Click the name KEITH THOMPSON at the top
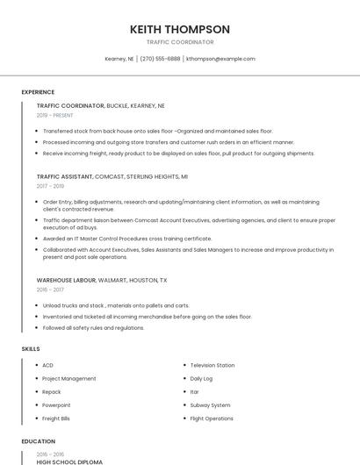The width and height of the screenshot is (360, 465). click(x=179, y=29)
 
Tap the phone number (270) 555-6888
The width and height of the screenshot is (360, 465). click(x=161, y=59)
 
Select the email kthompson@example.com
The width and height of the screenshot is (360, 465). click(x=220, y=59)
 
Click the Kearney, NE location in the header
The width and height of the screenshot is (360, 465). click(x=119, y=59)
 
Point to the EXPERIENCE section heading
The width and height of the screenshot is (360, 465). click(x=38, y=92)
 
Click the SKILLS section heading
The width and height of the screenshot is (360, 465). click(x=31, y=349)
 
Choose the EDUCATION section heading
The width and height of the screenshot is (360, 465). click(x=38, y=441)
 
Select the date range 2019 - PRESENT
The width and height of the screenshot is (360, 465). click(x=55, y=115)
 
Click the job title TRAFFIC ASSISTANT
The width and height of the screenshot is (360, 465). click(x=64, y=176)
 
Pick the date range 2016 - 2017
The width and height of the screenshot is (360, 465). click(x=50, y=290)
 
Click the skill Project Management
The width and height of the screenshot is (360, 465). click(x=69, y=378)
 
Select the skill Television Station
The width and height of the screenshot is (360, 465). click(x=212, y=365)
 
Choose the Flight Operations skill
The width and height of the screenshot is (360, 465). click(x=212, y=418)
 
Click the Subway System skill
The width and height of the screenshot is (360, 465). click(x=210, y=405)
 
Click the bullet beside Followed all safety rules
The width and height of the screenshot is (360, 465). click(x=34, y=327)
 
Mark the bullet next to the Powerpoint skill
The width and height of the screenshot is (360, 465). click(x=34, y=405)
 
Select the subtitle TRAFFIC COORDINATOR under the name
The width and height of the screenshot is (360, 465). click(x=179, y=42)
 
